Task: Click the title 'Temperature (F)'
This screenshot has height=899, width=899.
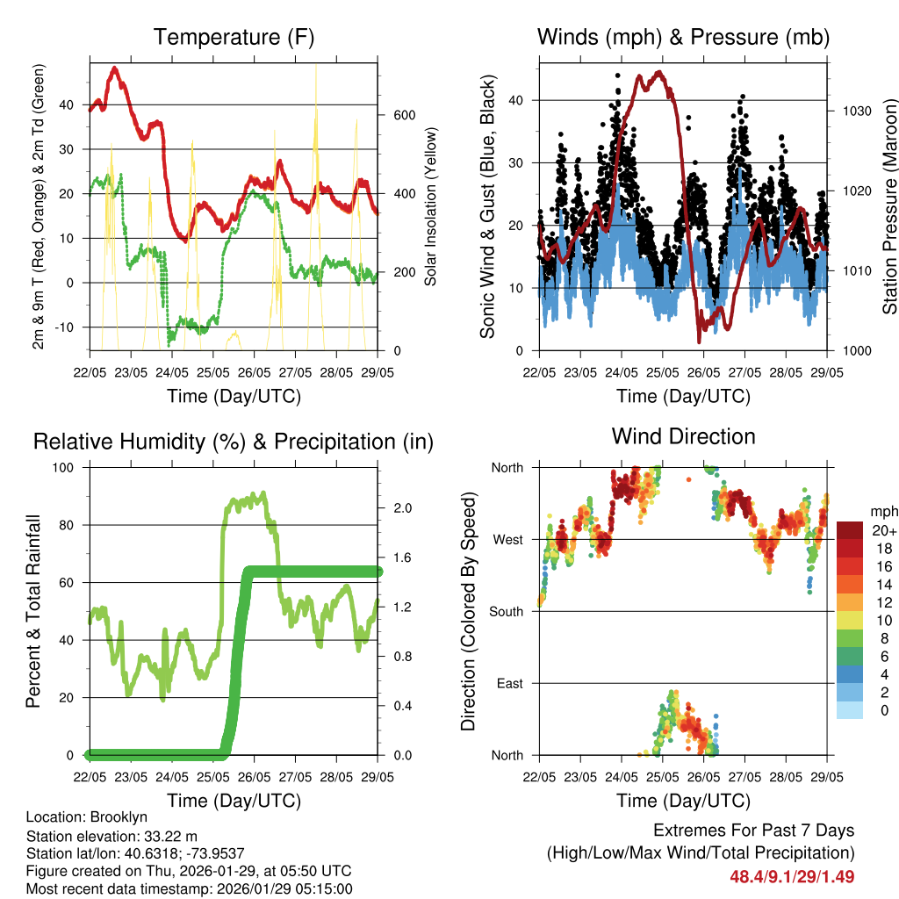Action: coord(234,38)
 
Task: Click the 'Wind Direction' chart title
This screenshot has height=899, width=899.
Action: coord(683,436)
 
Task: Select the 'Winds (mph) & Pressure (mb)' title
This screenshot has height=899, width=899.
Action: coord(683,38)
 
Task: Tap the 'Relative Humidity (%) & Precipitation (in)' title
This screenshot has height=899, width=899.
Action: coord(234,442)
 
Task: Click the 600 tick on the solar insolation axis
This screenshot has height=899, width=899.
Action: coord(403,116)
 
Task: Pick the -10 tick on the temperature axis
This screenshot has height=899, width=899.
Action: coord(70,327)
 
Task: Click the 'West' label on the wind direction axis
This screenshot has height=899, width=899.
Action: coord(507,540)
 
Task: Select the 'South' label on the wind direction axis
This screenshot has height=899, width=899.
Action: coord(506,611)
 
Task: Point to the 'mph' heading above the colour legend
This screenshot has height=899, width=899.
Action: coord(882,511)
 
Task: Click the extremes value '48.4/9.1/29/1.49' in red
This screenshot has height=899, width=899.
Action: coord(792,876)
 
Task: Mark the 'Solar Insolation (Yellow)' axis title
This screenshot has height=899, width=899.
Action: coord(431,206)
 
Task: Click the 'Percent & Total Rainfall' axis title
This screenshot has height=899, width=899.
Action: coord(33,611)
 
